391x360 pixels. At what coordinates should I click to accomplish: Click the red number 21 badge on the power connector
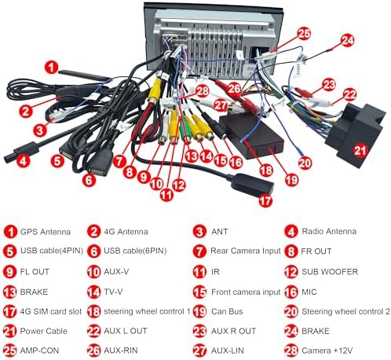click(360, 150)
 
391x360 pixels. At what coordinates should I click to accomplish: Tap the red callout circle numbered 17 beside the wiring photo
click(265, 200)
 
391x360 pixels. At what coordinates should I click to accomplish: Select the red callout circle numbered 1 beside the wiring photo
click(51, 67)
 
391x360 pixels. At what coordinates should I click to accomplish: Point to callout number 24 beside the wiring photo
click(347, 40)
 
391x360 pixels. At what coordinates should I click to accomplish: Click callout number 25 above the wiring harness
click(304, 34)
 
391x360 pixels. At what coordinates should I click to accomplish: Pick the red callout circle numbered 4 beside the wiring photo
click(24, 160)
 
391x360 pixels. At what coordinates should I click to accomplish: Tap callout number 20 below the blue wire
click(305, 163)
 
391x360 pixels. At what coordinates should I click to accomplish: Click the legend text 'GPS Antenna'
click(46, 232)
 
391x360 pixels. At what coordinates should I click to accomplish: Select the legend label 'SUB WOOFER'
click(330, 272)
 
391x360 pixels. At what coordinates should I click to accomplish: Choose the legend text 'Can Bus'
click(227, 311)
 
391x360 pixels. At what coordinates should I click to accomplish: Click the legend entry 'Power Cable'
click(44, 331)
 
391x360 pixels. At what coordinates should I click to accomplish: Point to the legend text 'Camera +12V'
click(327, 351)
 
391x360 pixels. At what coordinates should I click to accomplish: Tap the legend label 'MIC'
click(309, 292)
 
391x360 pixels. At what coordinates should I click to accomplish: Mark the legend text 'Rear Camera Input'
click(246, 251)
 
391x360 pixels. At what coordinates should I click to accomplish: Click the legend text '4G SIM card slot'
click(51, 311)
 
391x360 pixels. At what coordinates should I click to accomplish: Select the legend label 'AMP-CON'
click(39, 351)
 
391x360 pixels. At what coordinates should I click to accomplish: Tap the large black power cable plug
click(356, 134)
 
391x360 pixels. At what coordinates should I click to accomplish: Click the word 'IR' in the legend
click(215, 272)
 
